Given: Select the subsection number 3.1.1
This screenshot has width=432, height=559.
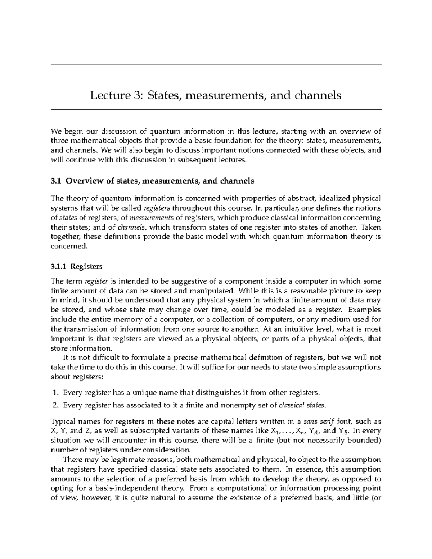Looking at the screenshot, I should coord(58,266).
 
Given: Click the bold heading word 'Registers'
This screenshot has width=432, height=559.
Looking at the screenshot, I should coord(86,266).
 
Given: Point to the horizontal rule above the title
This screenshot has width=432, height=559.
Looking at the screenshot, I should coord(216,64).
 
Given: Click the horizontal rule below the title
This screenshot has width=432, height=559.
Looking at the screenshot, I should coord(216,109).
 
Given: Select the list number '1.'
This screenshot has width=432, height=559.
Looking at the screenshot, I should coord(55,392).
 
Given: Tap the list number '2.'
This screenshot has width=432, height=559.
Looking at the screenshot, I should coord(55,405).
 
